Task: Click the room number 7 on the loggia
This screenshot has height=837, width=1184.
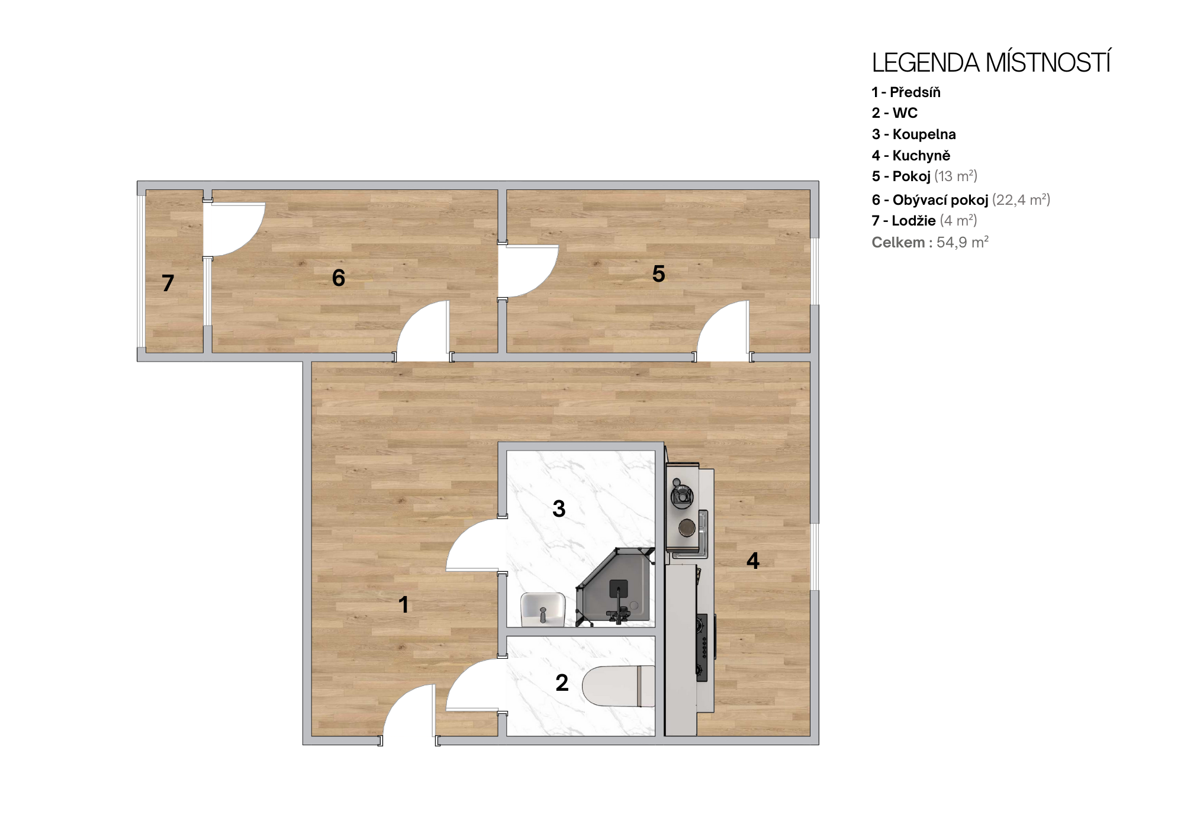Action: (168, 283)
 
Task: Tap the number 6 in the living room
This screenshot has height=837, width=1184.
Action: (339, 278)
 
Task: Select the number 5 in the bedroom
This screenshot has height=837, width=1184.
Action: (658, 273)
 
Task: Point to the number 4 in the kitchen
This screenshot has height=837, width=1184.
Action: (753, 560)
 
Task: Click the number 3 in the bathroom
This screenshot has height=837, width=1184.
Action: (559, 508)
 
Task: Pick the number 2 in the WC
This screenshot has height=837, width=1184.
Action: (562, 683)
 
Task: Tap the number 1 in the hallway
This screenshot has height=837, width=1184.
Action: (404, 604)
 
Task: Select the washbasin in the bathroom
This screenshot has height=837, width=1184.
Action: (543, 609)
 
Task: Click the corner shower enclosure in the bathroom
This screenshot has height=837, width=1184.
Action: (616, 586)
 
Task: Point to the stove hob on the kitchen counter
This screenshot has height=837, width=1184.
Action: (703, 648)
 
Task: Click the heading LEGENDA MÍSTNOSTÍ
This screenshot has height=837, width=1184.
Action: (991, 63)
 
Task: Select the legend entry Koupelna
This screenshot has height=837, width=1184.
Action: (924, 134)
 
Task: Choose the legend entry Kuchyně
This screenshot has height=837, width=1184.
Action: (921, 156)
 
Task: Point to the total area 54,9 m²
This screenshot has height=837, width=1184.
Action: (963, 242)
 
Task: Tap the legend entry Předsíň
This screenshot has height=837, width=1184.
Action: (915, 92)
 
